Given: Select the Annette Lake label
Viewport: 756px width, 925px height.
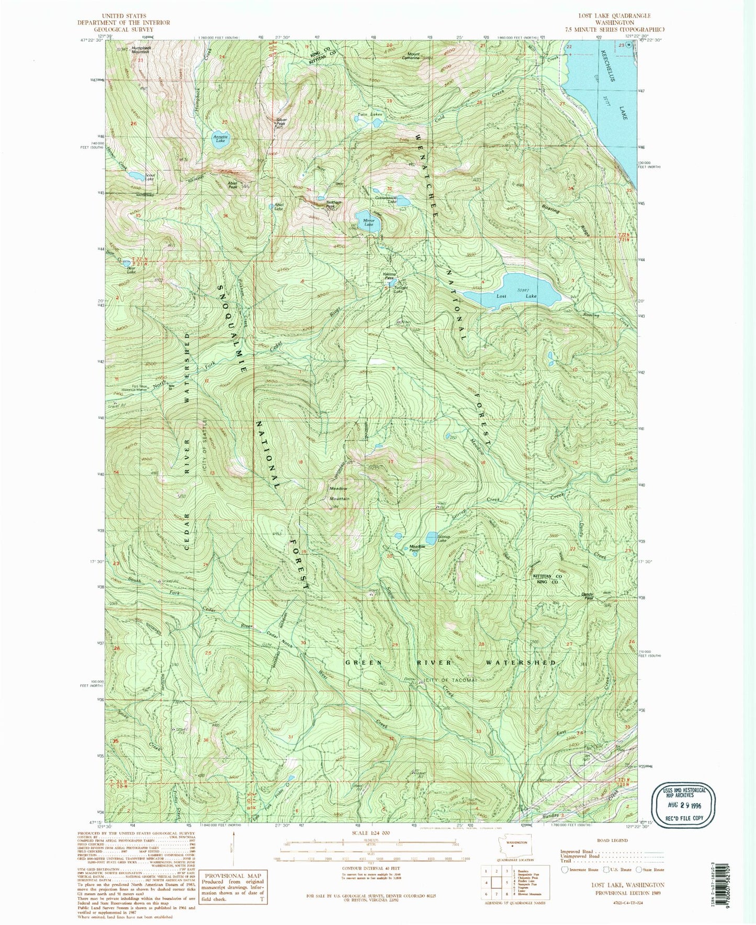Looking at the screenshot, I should [x=220, y=139].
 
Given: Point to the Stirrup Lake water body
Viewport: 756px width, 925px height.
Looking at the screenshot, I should [x=431, y=538].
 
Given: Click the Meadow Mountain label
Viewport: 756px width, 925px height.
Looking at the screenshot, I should [x=339, y=493].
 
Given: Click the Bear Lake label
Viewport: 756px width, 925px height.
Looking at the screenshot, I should [x=131, y=271].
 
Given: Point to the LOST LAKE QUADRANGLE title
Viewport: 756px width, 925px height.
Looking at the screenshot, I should [x=606, y=16].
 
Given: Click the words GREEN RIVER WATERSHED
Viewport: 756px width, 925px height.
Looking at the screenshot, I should [x=450, y=663].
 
